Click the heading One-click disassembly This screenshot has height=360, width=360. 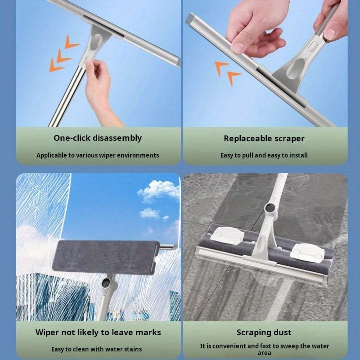pos(98,138)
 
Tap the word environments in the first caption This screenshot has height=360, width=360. pos(139,155)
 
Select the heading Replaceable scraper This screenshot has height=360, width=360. pos(264,139)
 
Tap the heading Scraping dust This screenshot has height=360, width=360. pos(264,333)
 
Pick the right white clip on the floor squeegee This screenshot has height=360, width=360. pos(306,251)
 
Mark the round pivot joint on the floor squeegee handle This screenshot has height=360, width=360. pos(271,208)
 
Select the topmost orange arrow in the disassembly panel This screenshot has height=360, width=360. pos(72,42)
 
